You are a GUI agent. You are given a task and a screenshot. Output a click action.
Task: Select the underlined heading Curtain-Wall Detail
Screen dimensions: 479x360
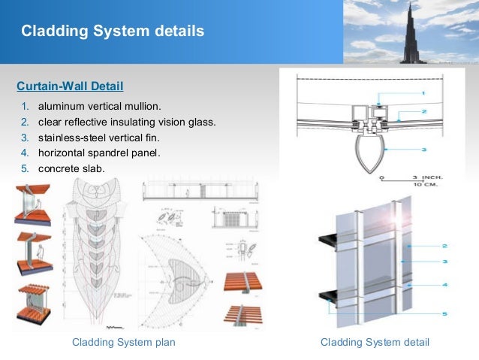[x=70, y=85]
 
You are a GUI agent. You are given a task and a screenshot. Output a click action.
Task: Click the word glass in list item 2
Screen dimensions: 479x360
[x=201, y=122]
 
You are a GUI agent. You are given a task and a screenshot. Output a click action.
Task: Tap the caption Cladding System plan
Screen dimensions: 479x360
[x=123, y=343]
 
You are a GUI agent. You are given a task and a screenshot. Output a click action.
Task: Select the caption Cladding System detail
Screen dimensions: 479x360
[x=375, y=343]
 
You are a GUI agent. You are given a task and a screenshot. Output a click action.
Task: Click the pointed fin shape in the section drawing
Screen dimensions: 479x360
[x=373, y=153]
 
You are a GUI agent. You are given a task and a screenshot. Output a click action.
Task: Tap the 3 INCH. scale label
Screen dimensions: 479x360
[x=427, y=178]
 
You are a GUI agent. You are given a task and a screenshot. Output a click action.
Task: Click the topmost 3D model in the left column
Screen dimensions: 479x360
[x=32, y=204]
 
